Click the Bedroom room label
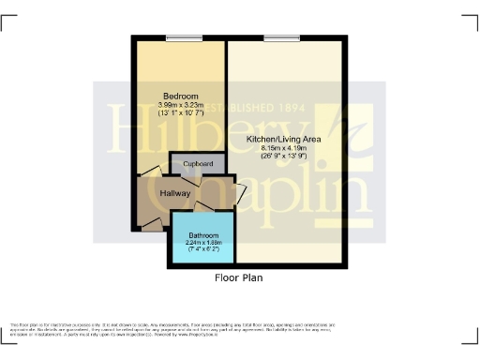click(x=180, y=97)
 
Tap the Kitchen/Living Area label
click(x=284, y=139)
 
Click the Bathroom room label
click(x=203, y=234)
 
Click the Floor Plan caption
click(x=240, y=277)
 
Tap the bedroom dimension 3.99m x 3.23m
click(x=180, y=106)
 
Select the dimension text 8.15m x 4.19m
click(x=285, y=148)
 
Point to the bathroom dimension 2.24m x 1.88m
click(x=203, y=242)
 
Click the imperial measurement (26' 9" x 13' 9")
click(x=285, y=157)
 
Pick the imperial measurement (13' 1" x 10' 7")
click(x=180, y=114)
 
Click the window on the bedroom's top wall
click(x=179, y=37)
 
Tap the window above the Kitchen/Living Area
click(x=282, y=37)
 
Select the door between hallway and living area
click(x=238, y=193)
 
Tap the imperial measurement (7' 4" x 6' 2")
click(x=203, y=249)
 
